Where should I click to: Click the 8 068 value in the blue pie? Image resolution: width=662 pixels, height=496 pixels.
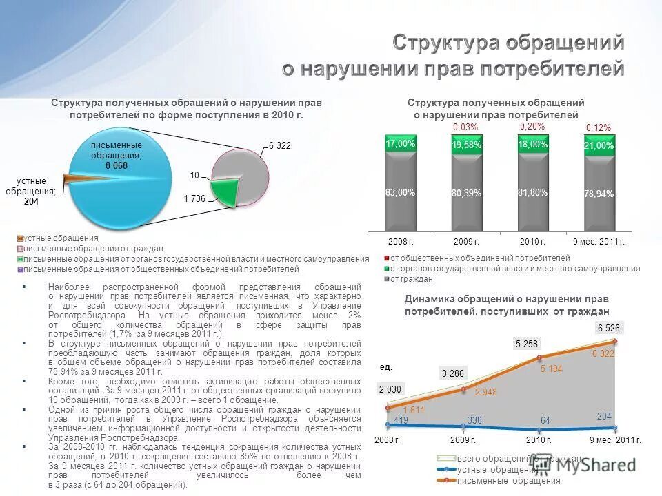(116, 166)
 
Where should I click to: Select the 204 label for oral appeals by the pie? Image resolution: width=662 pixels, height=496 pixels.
(31, 202)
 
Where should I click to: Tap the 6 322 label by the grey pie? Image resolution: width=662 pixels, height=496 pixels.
(280, 146)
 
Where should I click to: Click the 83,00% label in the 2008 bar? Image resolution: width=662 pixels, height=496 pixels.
(401, 193)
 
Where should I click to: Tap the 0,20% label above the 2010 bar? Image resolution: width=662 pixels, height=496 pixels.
(532, 127)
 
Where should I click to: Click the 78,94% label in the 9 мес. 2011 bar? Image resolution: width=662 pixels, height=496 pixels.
(599, 194)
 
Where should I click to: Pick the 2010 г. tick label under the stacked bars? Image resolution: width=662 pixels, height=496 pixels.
(532, 242)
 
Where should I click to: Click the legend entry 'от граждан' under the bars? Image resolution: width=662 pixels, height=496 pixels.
(412, 279)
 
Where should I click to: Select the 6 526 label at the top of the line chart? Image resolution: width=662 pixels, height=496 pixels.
(608, 329)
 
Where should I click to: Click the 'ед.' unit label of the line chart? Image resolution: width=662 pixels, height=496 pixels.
(386, 366)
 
